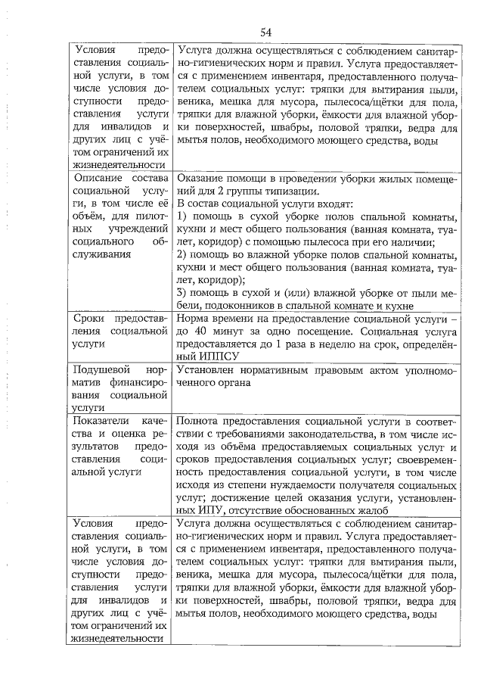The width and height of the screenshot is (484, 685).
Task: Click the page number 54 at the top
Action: point(266,31)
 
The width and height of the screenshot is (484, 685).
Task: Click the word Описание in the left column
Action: point(95,179)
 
